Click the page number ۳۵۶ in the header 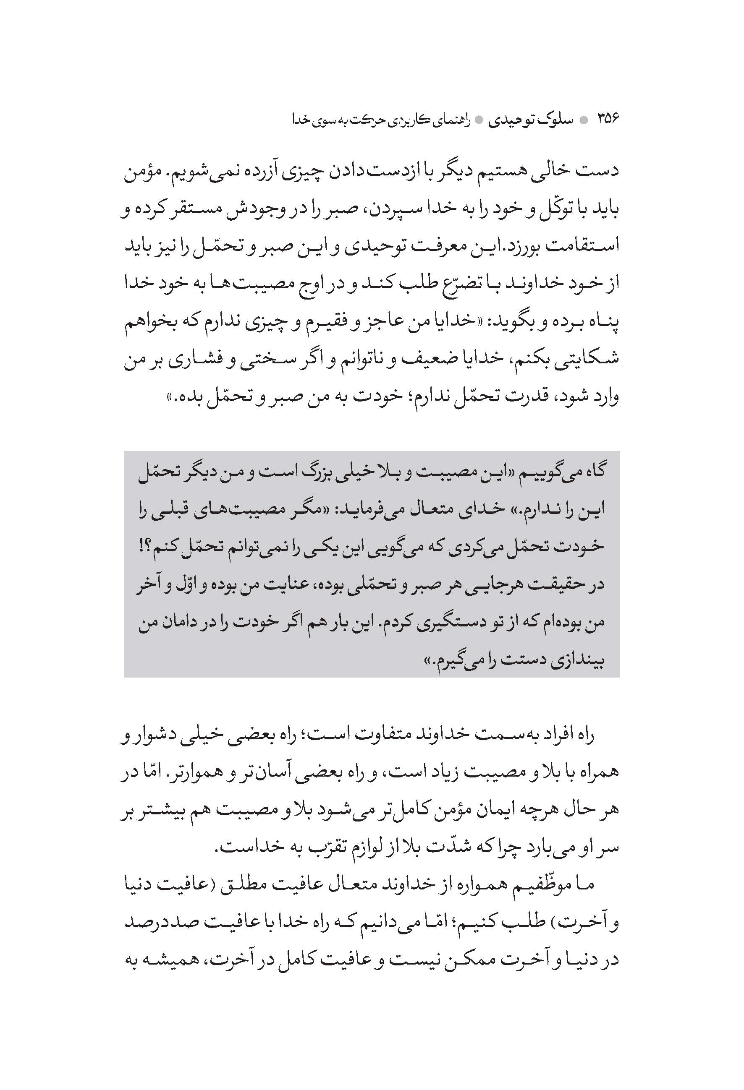pos(608,119)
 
